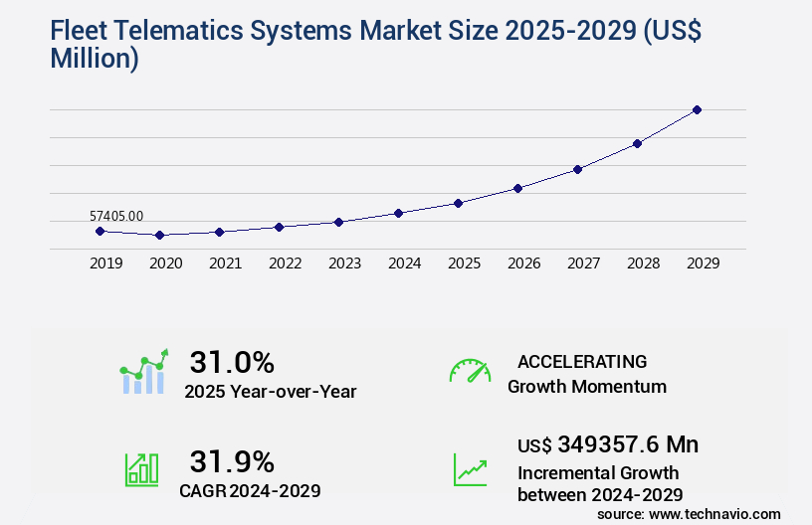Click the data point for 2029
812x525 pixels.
coord(697,109)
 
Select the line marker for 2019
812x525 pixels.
coord(100,231)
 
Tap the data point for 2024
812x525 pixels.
coord(398,213)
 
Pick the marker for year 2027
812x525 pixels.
coord(577,169)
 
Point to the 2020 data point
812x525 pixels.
coord(159,236)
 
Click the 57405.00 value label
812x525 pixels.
coord(116,215)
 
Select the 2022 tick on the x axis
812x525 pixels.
coord(285,263)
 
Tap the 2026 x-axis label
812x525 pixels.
coord(523,263)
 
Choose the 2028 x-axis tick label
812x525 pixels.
coord(643,263)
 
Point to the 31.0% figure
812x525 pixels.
coord(232,362)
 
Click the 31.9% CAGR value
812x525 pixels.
coord(232,461)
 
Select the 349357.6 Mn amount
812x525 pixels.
coord(629,444)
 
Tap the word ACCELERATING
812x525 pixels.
coord(582,362)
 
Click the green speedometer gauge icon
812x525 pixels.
coord(470,371)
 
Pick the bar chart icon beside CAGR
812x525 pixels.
coord(141,468)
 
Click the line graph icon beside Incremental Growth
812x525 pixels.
coord(470,468)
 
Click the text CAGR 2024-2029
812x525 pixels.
coord(249,490)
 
